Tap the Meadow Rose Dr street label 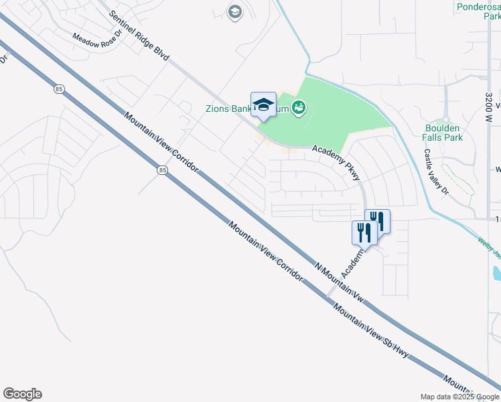[98, 40]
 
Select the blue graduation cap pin [263, 105]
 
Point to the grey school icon [234, 12]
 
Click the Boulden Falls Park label [443, 133]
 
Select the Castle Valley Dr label [435, 170]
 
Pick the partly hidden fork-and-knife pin [379, 220]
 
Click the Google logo [22, 394]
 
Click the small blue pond [496, 273]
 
